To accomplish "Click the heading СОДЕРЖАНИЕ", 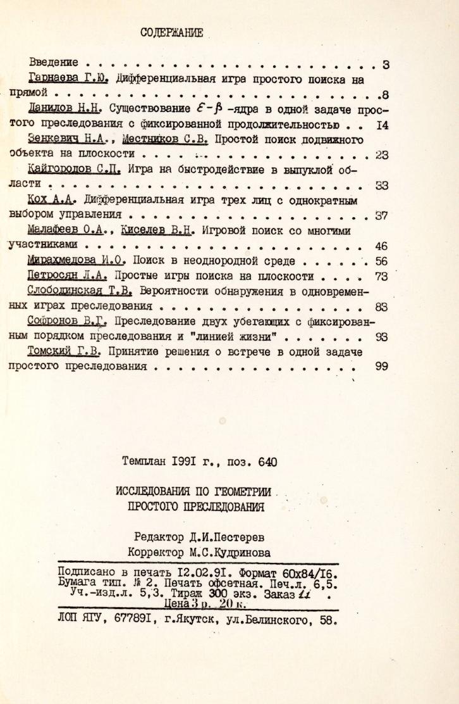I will [171, 34].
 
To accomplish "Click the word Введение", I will [54, 63].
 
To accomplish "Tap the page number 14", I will [381, 125].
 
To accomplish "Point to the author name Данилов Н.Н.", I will [66, 109].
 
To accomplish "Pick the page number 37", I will [381, 215].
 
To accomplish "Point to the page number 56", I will [381, 260].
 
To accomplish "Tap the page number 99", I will [381, 366].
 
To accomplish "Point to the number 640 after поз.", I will [267, 462].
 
